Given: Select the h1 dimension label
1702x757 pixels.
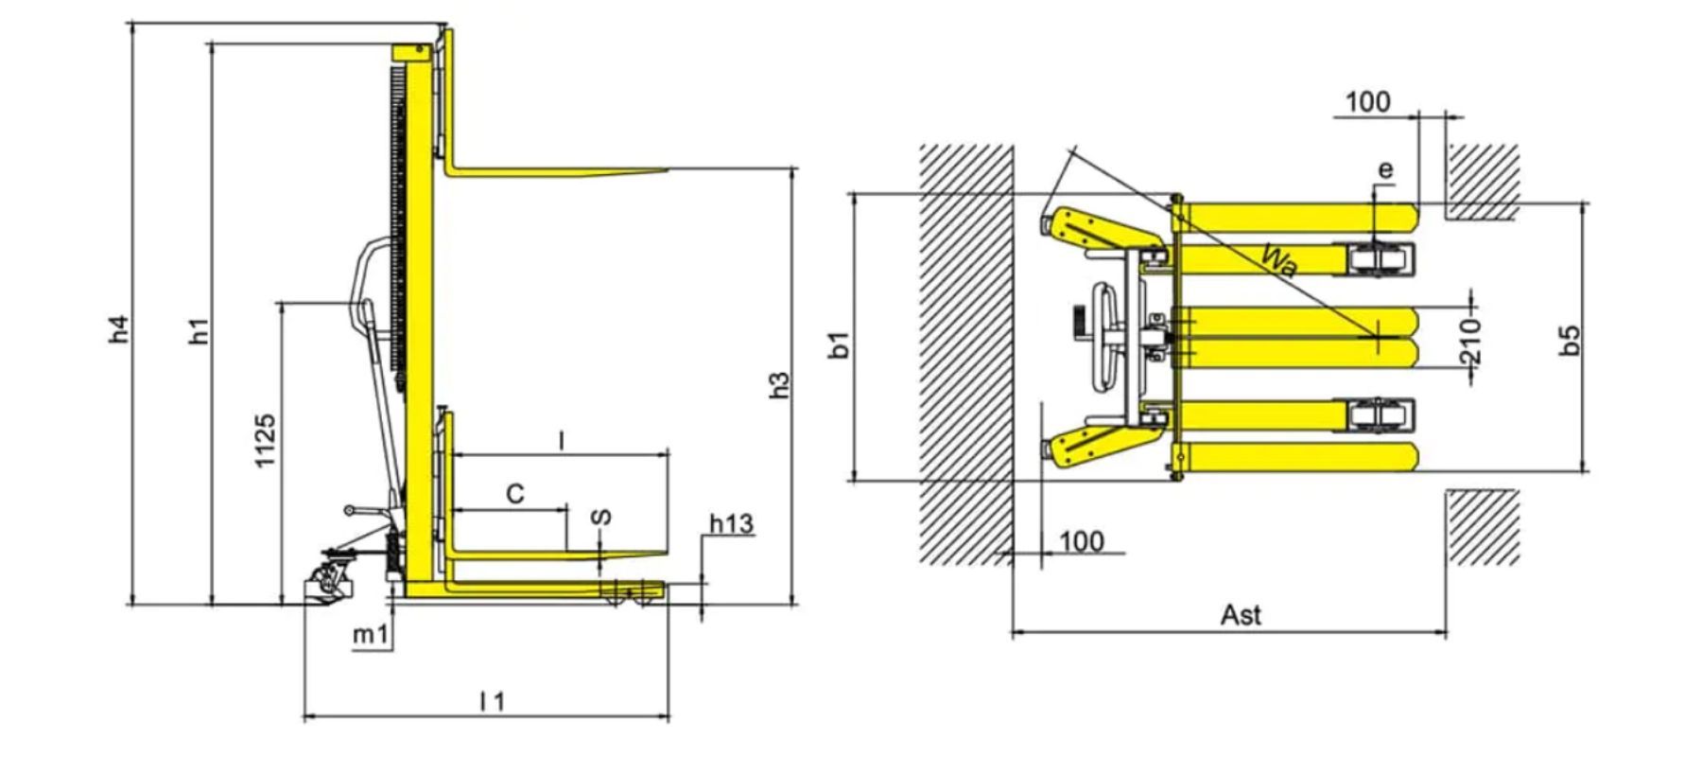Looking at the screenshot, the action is pos(199,330).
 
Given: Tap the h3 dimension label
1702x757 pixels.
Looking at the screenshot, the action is pos(779,383).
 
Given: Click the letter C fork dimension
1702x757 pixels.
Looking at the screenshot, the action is pos(514,494).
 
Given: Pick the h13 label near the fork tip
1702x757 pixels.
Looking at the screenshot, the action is pos(732,523).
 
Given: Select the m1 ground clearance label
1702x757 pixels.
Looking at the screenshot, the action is pos(371,635).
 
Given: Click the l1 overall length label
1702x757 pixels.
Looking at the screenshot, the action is pos(493,701).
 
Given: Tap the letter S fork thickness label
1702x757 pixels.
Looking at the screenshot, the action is pos(600,518).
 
